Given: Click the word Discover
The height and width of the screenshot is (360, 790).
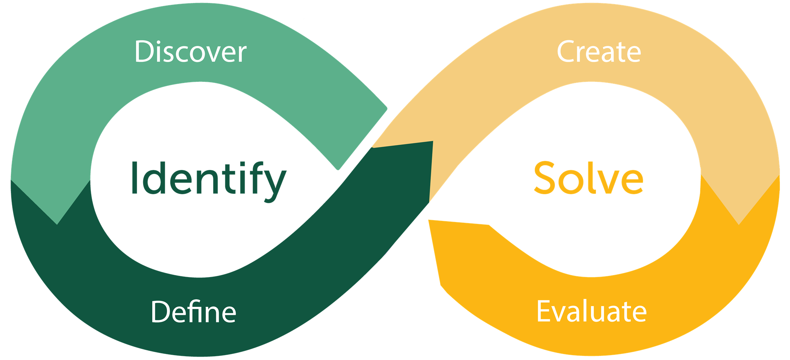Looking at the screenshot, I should [190, 52].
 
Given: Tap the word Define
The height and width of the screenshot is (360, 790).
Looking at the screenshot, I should [193, 312].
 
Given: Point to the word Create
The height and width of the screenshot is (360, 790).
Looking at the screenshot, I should [599, 52].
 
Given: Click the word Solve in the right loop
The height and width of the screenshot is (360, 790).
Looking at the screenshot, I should [588, 178].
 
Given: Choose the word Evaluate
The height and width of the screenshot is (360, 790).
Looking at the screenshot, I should [591, 312].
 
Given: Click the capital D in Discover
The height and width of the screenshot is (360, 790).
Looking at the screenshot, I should [145, 52].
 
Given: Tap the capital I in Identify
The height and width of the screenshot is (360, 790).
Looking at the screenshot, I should [134, 178].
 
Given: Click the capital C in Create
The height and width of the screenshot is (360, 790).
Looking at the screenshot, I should [567, 52].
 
